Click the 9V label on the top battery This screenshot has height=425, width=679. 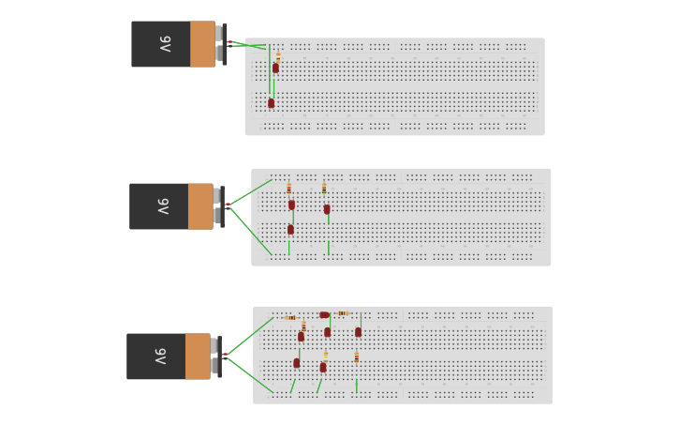click(166, 44)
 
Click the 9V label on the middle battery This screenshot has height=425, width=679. click(163, 206)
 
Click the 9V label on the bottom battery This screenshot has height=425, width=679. click(160, 357)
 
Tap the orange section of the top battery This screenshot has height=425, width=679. click(202, 44)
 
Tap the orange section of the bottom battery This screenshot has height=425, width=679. click(198, 357)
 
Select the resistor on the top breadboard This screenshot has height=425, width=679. click(278, 57)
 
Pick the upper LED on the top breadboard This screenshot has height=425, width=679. click(275, 68)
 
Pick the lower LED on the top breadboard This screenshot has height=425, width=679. click(271, 103)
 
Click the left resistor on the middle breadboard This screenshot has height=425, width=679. click(288, 189)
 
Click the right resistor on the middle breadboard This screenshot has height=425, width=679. click(324, 189)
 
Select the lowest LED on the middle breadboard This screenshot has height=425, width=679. click(290, 230)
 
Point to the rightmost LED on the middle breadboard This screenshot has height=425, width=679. click(327, 209)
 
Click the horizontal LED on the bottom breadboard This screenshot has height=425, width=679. click(325, 315)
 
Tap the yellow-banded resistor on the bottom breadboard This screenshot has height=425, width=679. click(326, 357)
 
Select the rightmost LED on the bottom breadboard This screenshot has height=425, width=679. click(358, 332)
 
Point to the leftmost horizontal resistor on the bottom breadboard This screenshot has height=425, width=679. click(290, 318)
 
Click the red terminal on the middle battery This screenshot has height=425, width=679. click(229, 205)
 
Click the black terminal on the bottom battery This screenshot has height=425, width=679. click(225, 358)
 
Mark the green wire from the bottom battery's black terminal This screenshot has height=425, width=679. click(251, 375)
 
